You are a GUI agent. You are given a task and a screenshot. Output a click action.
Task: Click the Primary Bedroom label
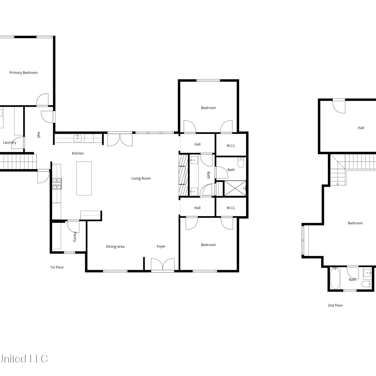[24, 73]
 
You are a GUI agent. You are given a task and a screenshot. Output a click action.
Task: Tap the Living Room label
[141, 178]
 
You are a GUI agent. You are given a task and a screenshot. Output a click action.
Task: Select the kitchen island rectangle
[84, 178]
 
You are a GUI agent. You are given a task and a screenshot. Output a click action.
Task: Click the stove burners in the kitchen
[57, 183]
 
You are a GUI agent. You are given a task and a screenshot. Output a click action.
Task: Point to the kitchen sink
[77, 138]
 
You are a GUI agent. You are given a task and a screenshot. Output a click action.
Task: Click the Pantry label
[74, 237]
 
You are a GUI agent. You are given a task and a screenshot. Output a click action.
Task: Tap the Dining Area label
[115, 247]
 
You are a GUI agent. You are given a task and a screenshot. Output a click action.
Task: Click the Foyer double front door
[163, 264]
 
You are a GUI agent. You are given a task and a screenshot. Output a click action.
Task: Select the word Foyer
[161, 246]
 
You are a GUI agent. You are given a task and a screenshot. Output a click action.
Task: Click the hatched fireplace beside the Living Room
[183, 175]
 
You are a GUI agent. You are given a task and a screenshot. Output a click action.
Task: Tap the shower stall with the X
[235, 188]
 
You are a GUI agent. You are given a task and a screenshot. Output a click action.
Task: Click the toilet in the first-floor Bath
[241, 162]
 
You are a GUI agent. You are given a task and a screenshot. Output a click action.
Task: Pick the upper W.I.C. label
[231, 146]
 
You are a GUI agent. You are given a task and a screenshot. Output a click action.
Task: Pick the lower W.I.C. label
[231, 208]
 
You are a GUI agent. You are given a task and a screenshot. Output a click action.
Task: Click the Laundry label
[10, 143]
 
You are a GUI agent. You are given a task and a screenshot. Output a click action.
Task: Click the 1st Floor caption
[57, 267]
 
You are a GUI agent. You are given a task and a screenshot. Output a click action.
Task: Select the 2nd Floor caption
[335, 305]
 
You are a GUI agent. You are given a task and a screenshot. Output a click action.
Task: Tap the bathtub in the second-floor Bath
[335, 278]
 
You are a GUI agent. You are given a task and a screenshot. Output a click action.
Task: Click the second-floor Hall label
[361, 128]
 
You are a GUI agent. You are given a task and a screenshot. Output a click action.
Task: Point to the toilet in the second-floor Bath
[367, 284]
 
